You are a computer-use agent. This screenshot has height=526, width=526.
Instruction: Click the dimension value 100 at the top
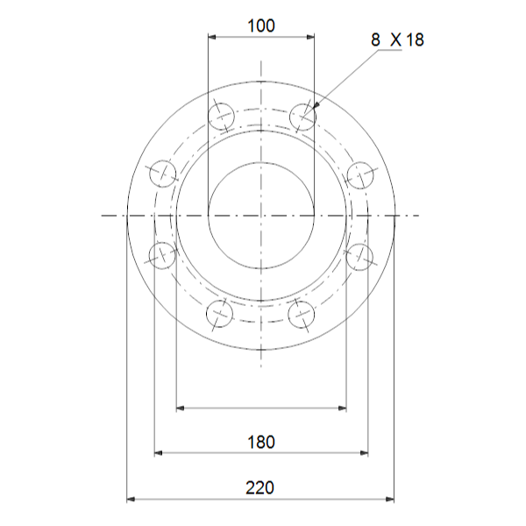[x=260, y=25]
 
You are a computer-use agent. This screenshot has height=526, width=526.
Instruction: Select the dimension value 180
[x=260, y=441]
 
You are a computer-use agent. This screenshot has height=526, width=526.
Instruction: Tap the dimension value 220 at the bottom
[x=260, y=487]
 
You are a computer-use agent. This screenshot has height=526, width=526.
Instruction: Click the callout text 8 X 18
[x=397, y=40]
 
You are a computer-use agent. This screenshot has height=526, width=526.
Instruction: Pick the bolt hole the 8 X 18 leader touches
[x=302, y=116]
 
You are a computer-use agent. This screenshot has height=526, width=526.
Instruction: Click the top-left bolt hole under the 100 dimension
[x=220, y=116]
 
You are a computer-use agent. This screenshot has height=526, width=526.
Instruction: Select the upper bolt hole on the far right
[x=360, y=174]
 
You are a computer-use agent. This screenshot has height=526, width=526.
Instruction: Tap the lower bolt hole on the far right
[x=360, y=256]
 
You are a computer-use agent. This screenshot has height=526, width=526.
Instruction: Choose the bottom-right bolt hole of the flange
[x=302, y=313]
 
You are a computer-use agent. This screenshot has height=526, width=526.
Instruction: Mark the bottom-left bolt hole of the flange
[x=220, y=313]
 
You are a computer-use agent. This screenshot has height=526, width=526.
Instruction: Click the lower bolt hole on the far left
[x=162, y=256]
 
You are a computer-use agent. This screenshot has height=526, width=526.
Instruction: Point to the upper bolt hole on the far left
[x=162, y=174]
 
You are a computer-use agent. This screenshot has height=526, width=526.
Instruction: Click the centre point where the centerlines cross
[x=261, y=215]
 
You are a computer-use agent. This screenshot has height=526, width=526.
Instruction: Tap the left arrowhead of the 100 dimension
[x=211, y=37]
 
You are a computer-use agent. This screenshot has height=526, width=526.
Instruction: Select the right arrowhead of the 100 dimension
[x=310, y=37]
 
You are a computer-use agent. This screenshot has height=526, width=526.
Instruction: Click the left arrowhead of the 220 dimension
[x=131, y=499]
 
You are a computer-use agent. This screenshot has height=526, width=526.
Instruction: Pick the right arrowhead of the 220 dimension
[x=391, y=499]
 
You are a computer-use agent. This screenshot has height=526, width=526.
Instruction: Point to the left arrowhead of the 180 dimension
[x=159, y=453]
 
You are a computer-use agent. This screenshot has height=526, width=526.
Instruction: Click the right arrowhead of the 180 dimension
[x=364, y=453]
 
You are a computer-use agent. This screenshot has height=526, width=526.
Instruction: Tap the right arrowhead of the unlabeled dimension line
[x=343, y=408]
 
